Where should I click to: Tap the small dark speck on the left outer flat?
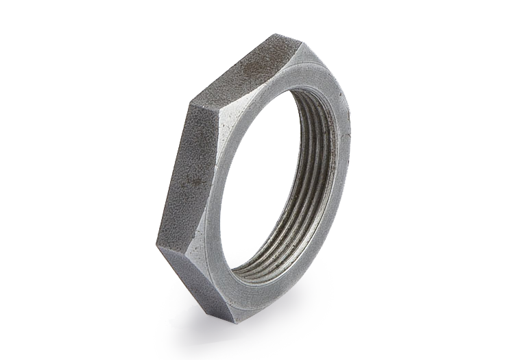pyautogui.click(x=193, y=180)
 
